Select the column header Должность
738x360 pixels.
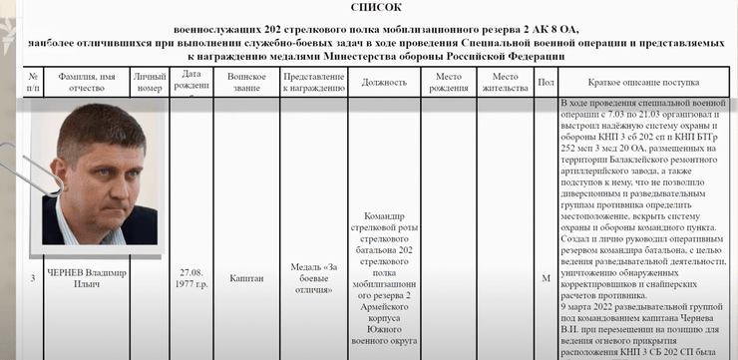click(x=385, y=83)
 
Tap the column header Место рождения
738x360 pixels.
click(x=455, y=83)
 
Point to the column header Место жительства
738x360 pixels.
click(x=506, y=83)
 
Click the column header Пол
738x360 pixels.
click(x=546, y=82)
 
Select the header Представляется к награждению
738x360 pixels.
click(x=313, y=83)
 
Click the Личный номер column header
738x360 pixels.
click(x=149, y=83)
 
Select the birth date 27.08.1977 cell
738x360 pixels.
click(x=192, y=277)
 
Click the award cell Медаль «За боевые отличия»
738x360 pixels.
click(x=313, y=277)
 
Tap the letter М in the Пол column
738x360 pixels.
click(x=546, y=277)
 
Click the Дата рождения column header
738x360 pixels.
click(x=192, y=83)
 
